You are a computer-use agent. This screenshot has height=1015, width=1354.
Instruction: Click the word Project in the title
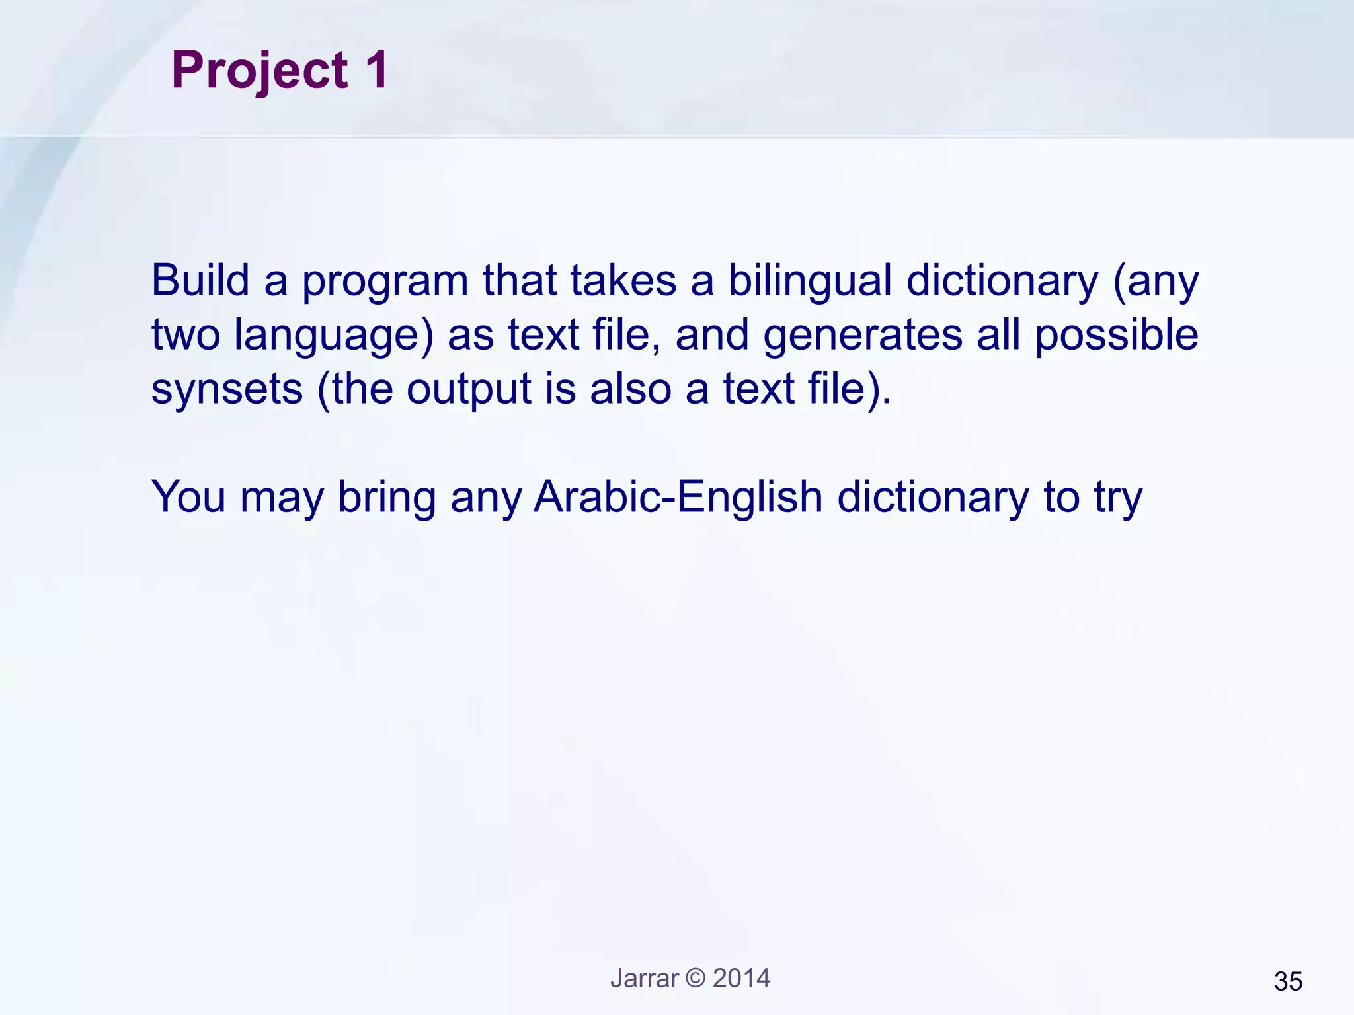click(x=259, y=71)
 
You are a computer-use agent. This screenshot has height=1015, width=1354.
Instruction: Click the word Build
click(x=200, y=280)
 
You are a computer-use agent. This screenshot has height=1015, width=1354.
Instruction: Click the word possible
click(x=1116, y=334)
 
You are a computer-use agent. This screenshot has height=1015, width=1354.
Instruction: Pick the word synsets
click(x=227, y=390)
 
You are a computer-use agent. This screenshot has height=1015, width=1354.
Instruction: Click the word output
click(x=468, y=390)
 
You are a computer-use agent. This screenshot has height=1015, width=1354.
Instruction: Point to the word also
click(x=630, y=389)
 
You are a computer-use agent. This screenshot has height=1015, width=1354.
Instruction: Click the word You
click(x=188, y=497)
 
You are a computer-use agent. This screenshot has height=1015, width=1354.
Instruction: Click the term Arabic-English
click(x=677, y=498)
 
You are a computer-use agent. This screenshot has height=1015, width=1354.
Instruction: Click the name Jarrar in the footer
click(x=644, y=979)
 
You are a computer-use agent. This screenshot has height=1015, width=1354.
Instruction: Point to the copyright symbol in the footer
click(x=696, y=979)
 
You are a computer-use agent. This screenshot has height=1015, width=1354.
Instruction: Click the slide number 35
click(x=1287, y=982)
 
